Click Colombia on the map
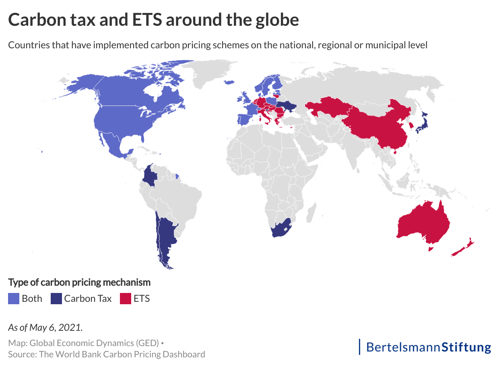pos(151,175)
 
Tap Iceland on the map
pos(229,82)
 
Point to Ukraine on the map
pos(288,107)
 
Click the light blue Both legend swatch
pos(13,299)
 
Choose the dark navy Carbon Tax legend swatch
pos(56,299)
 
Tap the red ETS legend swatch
pos(126,299)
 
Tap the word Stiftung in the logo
pos(466,346)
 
